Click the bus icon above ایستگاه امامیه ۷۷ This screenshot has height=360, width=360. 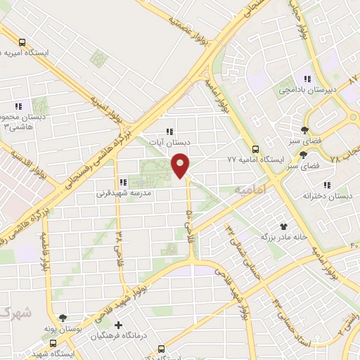pyautogui.click(x=255, y=149)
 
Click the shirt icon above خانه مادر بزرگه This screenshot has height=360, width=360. pyautogui.click(x=284, y=226)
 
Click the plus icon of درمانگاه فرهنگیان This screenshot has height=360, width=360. pyautogui.click(x=118, y=325)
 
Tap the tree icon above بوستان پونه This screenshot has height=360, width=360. pyautogui.click(x=63, y=318)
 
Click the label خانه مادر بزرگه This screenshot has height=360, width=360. pyautogui.click(x=283, y=237)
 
